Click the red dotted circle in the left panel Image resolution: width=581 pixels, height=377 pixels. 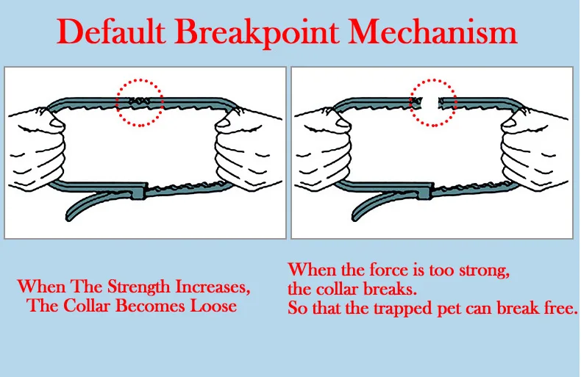click(x=140, y=102)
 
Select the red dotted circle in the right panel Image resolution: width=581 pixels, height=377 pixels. click(x=433, y=102)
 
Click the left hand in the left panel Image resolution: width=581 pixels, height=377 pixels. click(x=37, y=143)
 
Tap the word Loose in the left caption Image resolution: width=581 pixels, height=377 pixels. click(x=213, y=305)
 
